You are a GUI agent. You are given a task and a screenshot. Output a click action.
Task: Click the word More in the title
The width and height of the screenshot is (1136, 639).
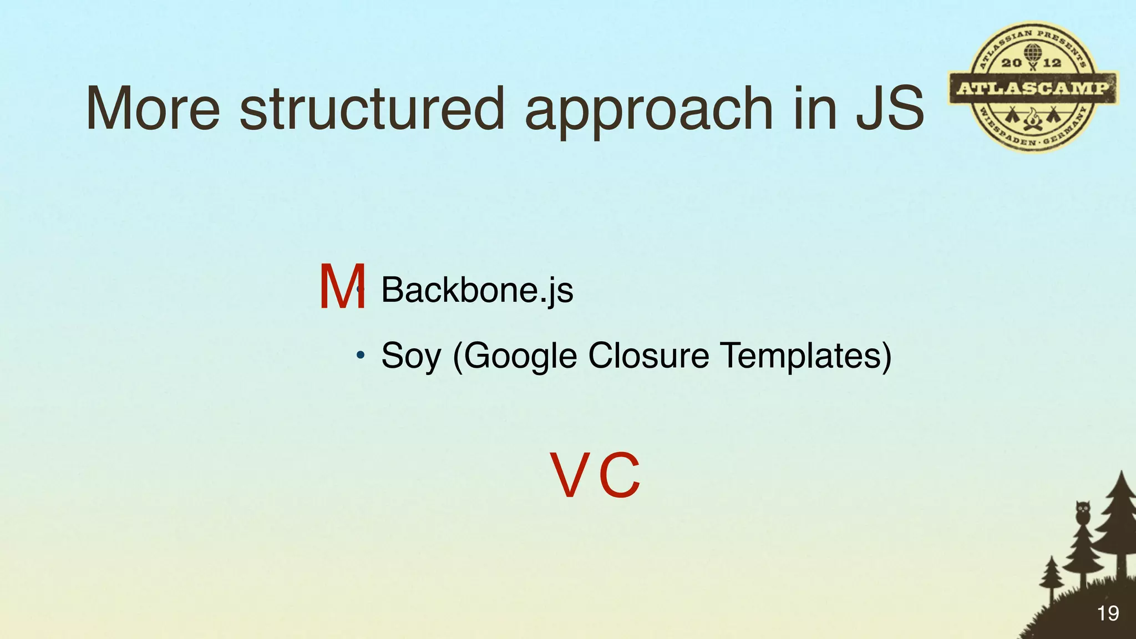pos(153,109)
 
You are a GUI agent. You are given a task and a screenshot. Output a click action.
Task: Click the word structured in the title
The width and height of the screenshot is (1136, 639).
pos(372,109)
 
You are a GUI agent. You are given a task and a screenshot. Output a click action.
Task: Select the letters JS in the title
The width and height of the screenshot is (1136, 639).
pos(890,109)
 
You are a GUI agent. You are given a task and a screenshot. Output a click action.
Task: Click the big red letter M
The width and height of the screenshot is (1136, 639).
pos(342,287)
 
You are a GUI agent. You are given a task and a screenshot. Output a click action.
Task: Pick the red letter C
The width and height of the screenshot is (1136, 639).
pos(620,475)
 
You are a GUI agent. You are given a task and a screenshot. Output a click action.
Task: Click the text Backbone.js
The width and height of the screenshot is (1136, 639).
pos(477,290)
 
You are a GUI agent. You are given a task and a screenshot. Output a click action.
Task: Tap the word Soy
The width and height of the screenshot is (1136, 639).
pos(410,356)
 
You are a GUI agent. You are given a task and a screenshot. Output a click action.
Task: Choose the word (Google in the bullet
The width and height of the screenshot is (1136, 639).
pos(515,356)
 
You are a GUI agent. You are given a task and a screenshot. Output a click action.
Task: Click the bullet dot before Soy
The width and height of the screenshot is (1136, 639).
pos(361,354)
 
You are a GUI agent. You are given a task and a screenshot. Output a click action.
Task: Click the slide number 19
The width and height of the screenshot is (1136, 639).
pos(1107,613)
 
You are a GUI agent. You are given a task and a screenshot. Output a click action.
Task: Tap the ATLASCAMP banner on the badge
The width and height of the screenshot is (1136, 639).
pos(1033,88)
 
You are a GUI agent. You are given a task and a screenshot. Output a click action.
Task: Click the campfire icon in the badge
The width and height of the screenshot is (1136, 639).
pos(1032,119)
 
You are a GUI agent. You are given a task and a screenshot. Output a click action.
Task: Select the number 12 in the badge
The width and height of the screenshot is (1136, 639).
pos(1052,63)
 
